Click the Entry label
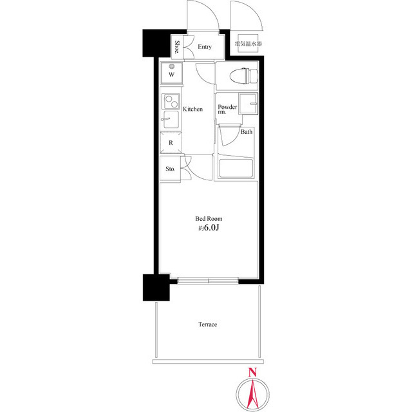[x=205, y=47]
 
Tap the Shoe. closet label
[x=178, y=47]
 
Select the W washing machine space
[x=171, y=73]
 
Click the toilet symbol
[x=243, y=77]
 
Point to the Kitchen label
[x=193, y=109]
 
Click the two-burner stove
[x=171, y=102]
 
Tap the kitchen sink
[x=171, y=119]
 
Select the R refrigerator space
[x=171, y=142]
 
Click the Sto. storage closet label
[x=170, y=169]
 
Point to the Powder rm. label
[x=227, y=109]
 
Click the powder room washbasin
[x=248, y=104]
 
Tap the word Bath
[x=247, y=131]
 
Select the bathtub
[x=236, y=168]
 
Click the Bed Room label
[x=209, y=219]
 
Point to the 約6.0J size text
[x=209, y=227]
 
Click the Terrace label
[x=208, y=324]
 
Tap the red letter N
[x=252, y=373]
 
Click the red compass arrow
[x=252, y=393]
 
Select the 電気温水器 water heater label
[x=248, y=43]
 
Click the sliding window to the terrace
[x=208, y=281]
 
